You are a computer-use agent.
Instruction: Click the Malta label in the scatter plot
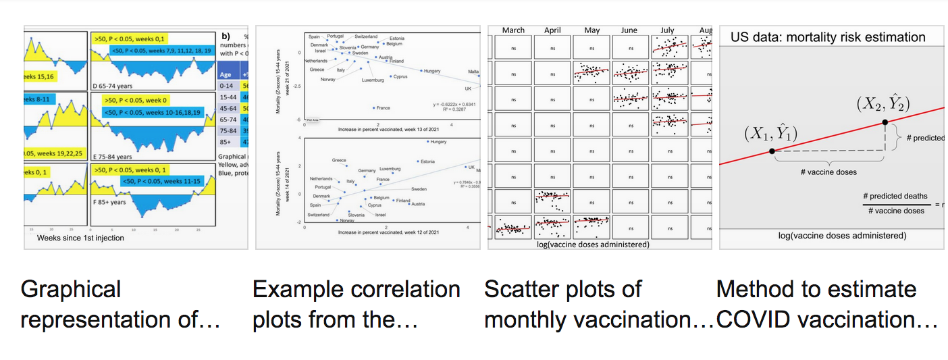tap(473, 72)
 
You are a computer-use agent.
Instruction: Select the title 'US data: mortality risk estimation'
tap(828, 37)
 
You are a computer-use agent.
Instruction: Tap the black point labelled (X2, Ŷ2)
tap(885, 122)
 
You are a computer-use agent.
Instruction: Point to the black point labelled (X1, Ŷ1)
tap(772, 151)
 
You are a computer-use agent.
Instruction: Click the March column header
tap(513, 30)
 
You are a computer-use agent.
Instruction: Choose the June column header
tap(629, 30)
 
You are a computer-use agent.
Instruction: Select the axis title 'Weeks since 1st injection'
tap(80, 238)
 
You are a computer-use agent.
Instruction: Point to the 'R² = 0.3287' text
tap(449, 109)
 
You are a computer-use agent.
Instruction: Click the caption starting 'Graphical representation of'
tap(121, 304)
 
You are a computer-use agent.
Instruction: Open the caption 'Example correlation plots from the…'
tap(356, 304)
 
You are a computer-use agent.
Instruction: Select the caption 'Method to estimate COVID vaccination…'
tap(826, 304)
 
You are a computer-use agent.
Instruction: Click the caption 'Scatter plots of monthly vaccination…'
tap(599, 304)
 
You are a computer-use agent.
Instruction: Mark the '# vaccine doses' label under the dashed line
tap(828, 172)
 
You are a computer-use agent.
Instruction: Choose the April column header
tap(552, 30)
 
